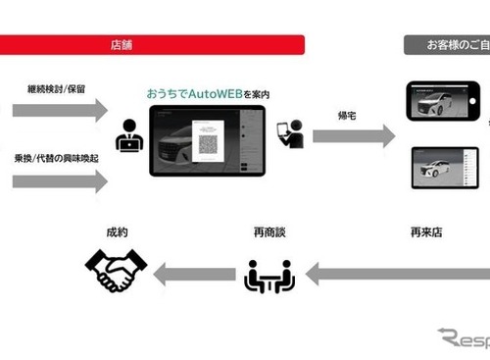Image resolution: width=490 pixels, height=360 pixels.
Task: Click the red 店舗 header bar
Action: [x=152, y=45]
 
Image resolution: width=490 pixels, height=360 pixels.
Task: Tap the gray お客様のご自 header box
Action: [x=447, y=45]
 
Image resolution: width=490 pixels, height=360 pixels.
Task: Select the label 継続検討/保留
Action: [x=57, y=87]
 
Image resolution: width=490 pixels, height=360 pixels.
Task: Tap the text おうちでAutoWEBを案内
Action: [x=208, y=94]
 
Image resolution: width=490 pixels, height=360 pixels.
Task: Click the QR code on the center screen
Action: [x=208, y=142]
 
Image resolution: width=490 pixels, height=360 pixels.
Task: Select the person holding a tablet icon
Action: [x=290, y=133]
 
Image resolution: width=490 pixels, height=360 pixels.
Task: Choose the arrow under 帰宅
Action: [x=353, y=135]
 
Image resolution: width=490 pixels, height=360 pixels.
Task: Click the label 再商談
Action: [x=268, y=233]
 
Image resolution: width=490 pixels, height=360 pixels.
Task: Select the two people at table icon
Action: [x=268, y=276]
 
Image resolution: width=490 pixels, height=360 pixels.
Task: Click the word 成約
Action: [x=117, y=233]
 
